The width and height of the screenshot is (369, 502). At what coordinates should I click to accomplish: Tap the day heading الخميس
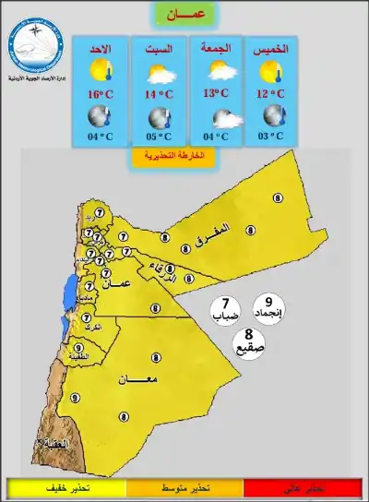click(273, 47)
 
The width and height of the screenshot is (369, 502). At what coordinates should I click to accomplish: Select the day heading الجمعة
click(216, 47)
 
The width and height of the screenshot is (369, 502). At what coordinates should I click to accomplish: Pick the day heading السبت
click(159, 47)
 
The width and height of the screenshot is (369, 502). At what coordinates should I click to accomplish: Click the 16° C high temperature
click(101, 93)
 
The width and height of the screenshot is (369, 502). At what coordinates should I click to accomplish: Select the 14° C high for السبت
click(159, 93)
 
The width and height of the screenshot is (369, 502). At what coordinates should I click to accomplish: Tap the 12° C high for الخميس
click(273, 93)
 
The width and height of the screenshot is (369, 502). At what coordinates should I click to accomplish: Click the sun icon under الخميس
click(273, 70)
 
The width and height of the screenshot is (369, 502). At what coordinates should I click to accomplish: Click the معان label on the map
click(137, 378)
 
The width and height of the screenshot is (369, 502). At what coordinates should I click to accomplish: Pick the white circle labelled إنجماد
click(268, 306)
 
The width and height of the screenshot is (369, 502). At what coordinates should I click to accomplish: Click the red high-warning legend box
click(301, 487)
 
